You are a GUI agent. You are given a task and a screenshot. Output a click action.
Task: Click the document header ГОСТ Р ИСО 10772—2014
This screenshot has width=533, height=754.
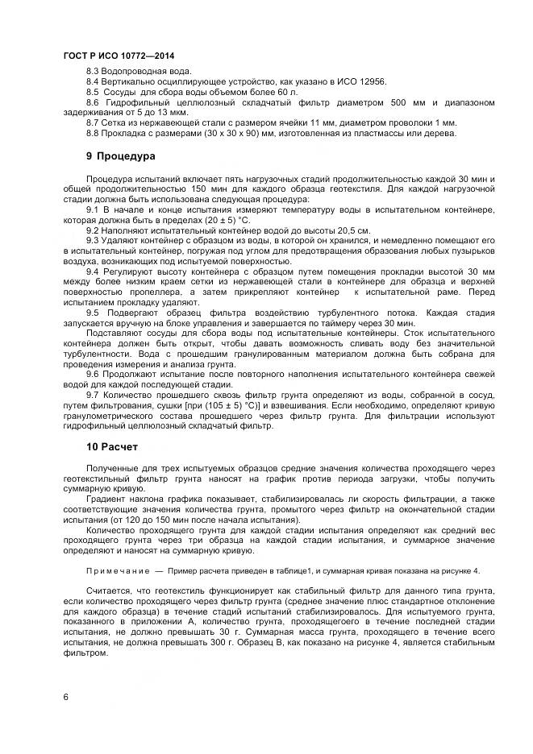(119, 56)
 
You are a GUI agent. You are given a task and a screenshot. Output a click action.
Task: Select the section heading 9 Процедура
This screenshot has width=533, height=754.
(121, 155)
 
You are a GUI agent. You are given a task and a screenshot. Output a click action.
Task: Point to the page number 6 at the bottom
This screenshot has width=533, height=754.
(65, 696)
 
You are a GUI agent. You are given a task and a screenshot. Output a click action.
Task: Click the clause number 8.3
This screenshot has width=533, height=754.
(92, 72)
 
